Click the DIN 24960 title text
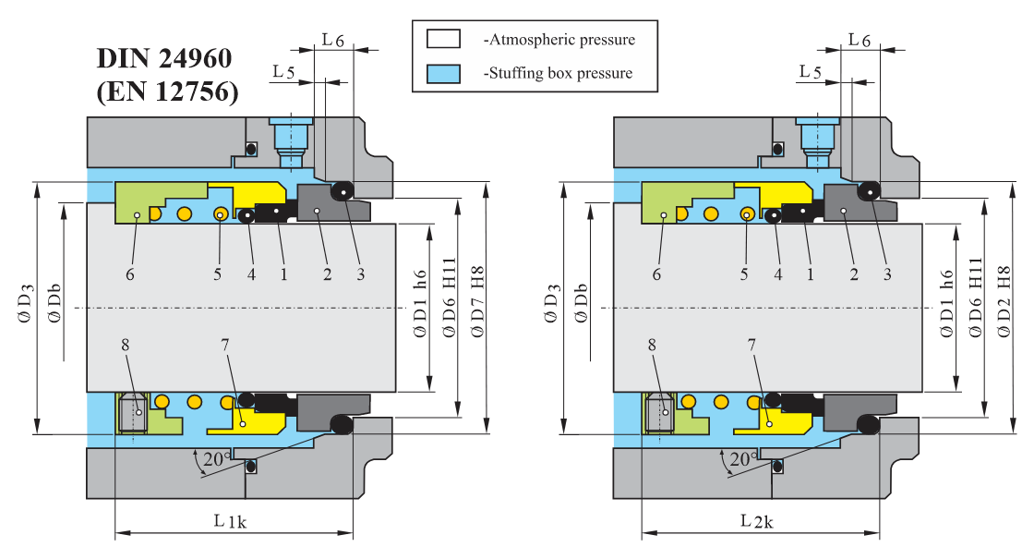(164, 59)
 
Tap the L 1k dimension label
(230, 521)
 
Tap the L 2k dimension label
(757, 521)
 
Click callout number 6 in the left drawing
(130, 274)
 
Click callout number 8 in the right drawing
(653, 343)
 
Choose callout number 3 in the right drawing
(887, 274)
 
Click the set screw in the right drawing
(659, 412)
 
